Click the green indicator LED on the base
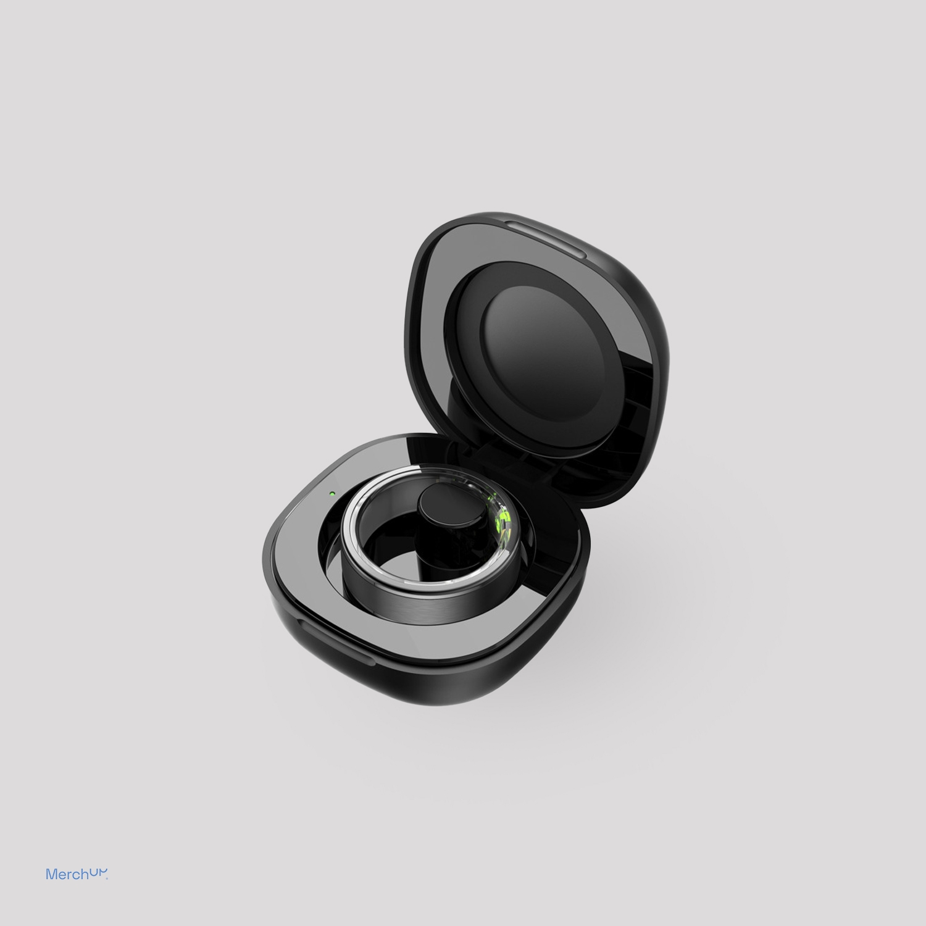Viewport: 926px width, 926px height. pyautogui.click(x=332, y=494)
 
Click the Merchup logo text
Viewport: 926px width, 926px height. pyautogui.click(x=77, y=874)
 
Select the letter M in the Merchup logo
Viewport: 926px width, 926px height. pyautogui.click(x=51, y=874)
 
